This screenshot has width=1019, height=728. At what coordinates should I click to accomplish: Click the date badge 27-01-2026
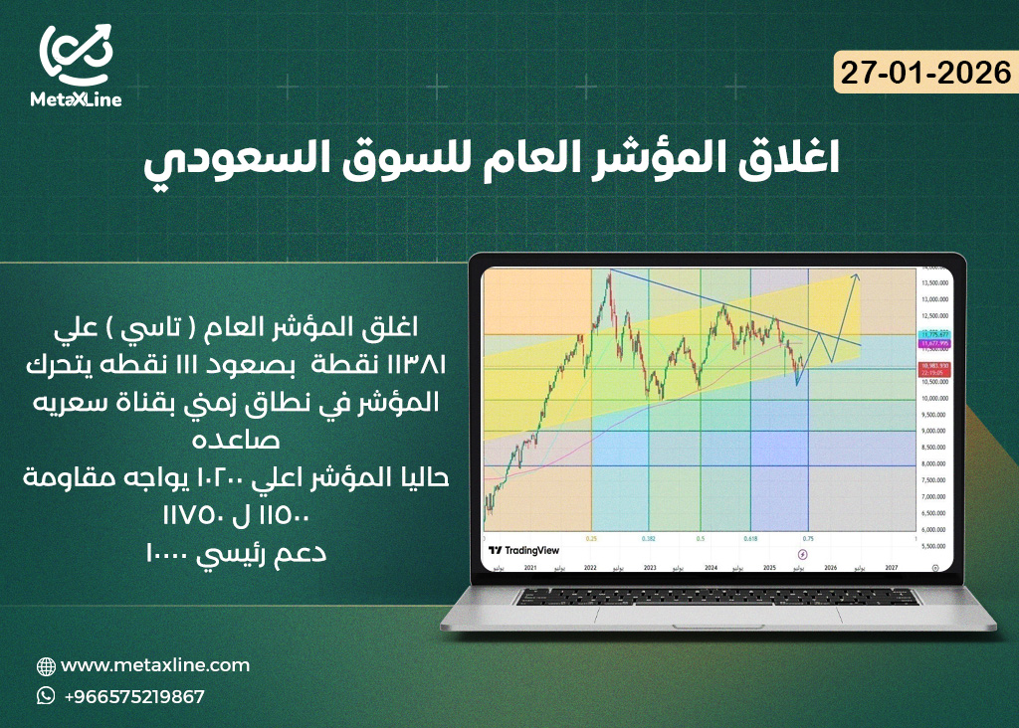click(x=924, y=74)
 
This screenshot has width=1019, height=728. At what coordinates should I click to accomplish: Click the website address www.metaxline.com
click(x=155, y=665)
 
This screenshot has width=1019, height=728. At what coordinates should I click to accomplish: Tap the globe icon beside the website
click(x=46, y=666)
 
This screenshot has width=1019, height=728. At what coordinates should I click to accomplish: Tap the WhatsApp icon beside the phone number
click(x=46, y=696)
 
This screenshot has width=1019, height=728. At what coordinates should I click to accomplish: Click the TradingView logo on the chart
click(x=523, y=550)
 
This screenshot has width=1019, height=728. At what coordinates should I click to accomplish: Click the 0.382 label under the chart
click(x=649, y=537)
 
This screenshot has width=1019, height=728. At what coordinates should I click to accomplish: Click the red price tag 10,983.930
click(x=934, y=367)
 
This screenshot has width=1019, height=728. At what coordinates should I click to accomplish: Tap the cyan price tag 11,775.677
click(x=933, y=334)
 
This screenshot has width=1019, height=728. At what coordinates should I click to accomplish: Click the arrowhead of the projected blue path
click(x=856, y=275)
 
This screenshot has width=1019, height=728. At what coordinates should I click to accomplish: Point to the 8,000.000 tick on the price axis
click(x=933, y=464)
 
